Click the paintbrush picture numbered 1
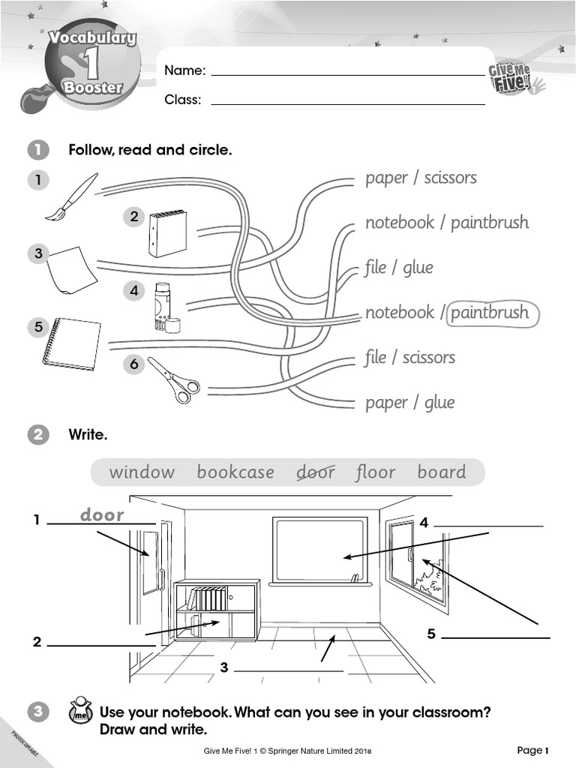[72, 197]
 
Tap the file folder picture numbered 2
[166, 233]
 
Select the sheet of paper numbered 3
[71, 270]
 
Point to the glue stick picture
[166, 307]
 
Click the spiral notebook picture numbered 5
[71, 343]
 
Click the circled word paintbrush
[492, 313]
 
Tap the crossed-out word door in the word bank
[316, 472]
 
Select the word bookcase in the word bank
[235, 472]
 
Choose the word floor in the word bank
[375, 472]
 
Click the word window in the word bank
[142, 472]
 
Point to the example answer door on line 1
[102, 515]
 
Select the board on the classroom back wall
[319, 550]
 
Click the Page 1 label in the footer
[533, 750]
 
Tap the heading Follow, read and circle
[150, 150]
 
